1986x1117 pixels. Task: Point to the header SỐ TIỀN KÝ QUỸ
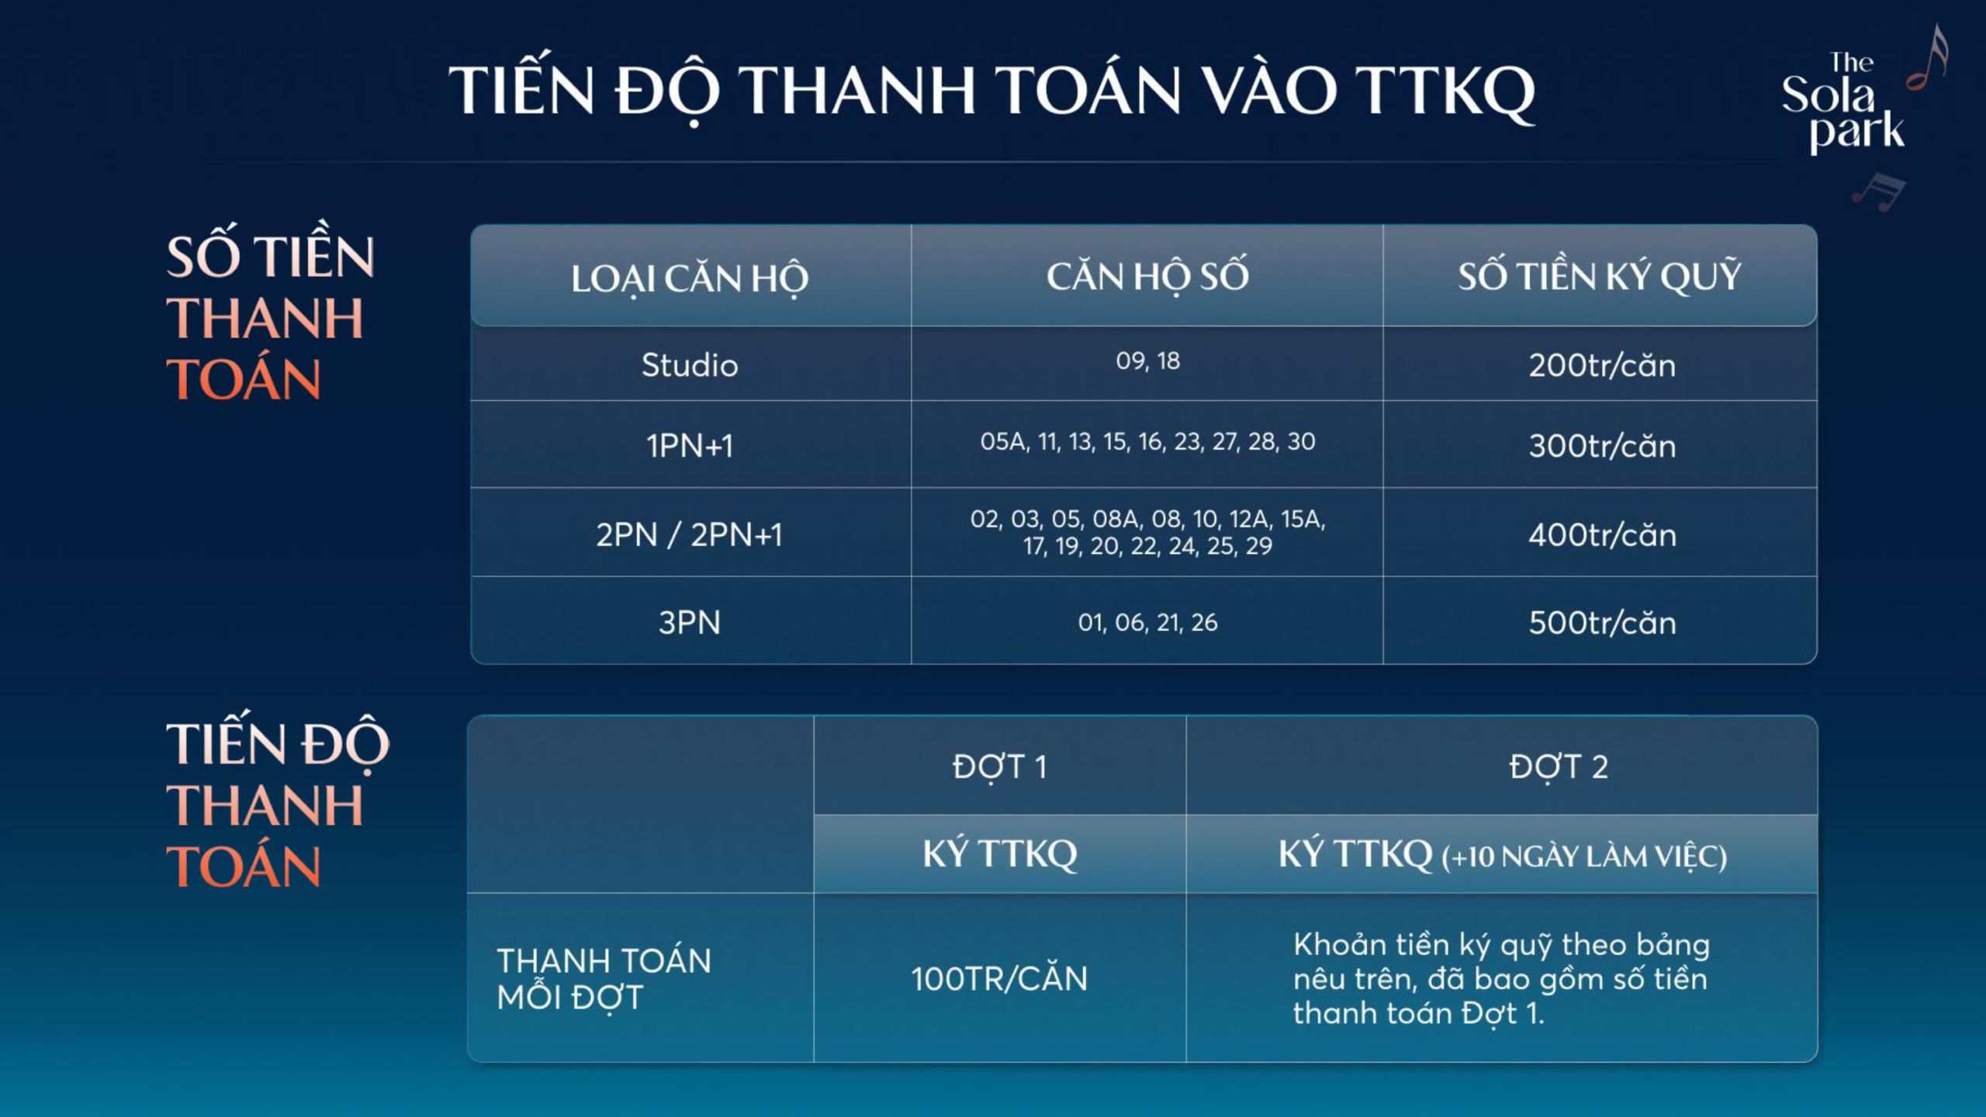click(x=1600, y=276)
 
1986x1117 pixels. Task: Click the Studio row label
click(x=690, y=365)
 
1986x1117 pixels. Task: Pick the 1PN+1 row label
click(x=690, y=446)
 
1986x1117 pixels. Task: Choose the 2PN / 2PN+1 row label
click(x=690, y=534)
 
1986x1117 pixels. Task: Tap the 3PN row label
click(x=690, y=622)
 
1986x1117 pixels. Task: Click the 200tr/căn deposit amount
click(x=1602, y=365)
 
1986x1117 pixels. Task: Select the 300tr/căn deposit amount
click(x=1602, y=446)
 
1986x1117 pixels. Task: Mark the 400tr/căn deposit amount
click(x=1602, y=534)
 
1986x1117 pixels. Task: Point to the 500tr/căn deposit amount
click(x=1602, y=622)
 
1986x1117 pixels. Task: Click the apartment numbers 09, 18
click(x=1148, y=361)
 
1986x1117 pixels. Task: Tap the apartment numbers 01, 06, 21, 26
click(x=1148, y=622)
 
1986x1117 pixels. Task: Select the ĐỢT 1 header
click(x=999, y=767)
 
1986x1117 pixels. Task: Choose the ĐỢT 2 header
click(x=1559, y=767)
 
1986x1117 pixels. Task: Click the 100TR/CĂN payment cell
click(x=999, y=978)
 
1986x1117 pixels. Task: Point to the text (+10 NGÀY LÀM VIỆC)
click(x=1584, y=857)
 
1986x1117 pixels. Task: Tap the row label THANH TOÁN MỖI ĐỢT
click(x=604, y=979)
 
